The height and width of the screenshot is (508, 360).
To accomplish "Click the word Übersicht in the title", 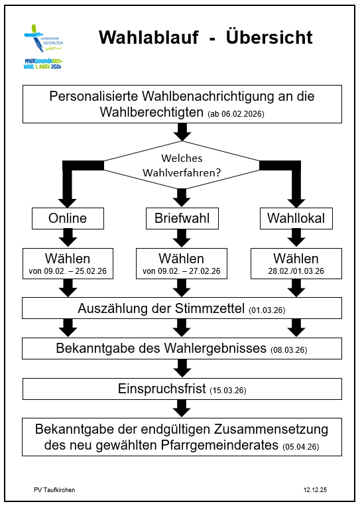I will [269, 38].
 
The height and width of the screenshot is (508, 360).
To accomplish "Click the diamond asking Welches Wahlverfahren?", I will [182, 165].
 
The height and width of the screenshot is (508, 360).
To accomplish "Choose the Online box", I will [67, 218].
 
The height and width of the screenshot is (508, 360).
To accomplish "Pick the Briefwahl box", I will [182, 218].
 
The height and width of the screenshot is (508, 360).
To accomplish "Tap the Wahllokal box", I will [296, 218].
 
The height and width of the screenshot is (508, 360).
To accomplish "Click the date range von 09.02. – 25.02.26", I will [68, 271].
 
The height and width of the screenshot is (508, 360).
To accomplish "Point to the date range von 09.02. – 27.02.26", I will [182, 271].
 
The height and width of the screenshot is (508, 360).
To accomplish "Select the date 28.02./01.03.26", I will [296, 271].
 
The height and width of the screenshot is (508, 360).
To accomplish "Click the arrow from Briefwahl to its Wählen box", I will [182, 237].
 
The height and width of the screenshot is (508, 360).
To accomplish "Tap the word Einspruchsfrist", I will [160, 389].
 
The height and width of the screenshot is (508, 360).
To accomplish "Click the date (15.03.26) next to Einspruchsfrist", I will [229, 391].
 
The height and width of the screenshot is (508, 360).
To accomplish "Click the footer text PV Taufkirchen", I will [54, 489].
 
